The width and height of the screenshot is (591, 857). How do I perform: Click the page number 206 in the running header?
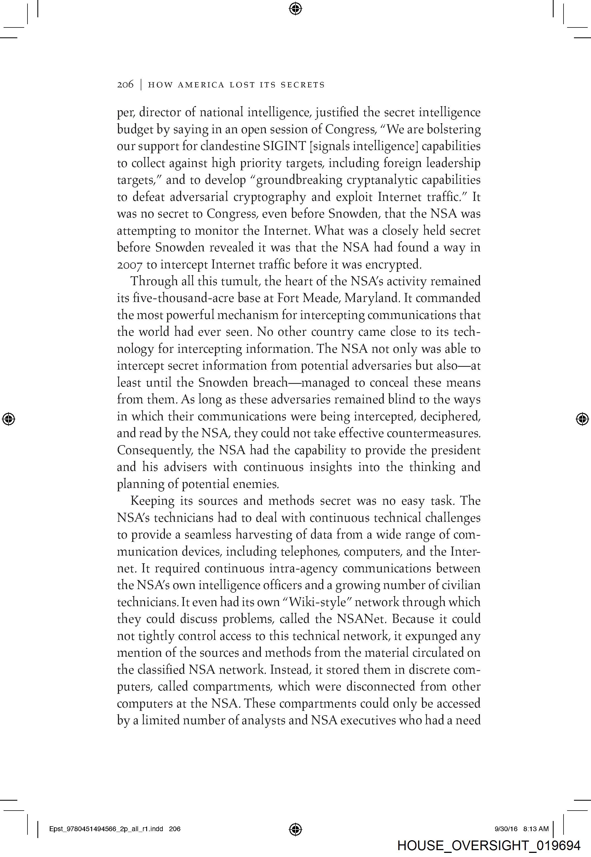(125, 85)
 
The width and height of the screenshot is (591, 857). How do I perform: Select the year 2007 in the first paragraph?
(129, 265)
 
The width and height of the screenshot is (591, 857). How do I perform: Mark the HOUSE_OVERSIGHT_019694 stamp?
(488, 845)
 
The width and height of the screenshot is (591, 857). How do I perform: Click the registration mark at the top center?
(295, 8)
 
